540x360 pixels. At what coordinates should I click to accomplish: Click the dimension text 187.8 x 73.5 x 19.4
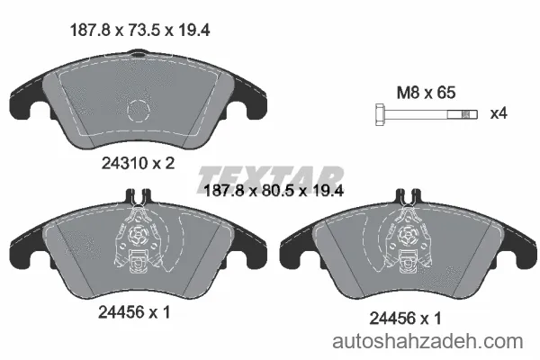(x=139, y=31)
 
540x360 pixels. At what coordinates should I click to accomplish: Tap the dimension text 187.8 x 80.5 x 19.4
(x=274, y=191)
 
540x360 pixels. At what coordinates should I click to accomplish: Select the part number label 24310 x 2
(x=138, y=163)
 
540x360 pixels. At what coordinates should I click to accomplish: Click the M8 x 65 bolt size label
(x=426, y=93)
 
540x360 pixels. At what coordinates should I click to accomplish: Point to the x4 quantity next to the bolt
(x=499, y=113)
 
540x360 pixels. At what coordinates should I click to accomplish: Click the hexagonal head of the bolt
(x=380, y=114)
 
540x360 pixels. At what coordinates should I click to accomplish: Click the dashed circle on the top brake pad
(x=139, y=110)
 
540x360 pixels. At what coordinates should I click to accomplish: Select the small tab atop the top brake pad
(x=138, y=53)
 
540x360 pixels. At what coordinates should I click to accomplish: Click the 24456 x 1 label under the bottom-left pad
(x=134, y=312)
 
